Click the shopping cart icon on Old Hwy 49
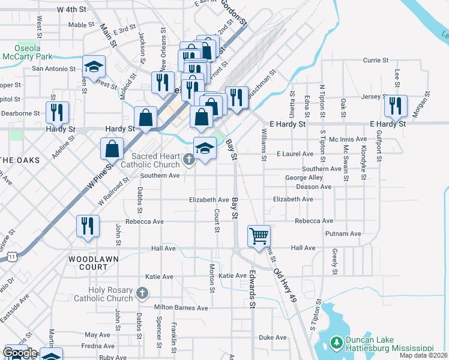click(259, 235)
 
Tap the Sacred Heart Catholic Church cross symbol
click(188, 159)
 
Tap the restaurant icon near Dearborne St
click(57, 112)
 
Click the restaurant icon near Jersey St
click(395, 105)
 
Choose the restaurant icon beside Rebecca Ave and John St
click(88, 226)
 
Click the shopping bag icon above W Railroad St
click(112, 148)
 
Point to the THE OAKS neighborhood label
click(20, 160)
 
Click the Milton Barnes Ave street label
click(181, 308)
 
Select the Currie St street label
click(377, 60)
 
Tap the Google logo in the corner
click(20, 353)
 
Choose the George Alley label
click(304, 178)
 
